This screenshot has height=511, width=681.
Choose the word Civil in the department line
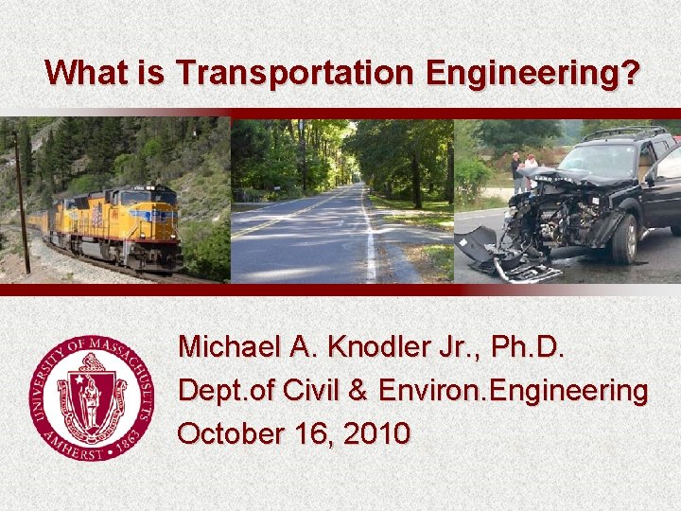click(x=305, y=390)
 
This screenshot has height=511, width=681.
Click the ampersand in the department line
click(x=357, y=390)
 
